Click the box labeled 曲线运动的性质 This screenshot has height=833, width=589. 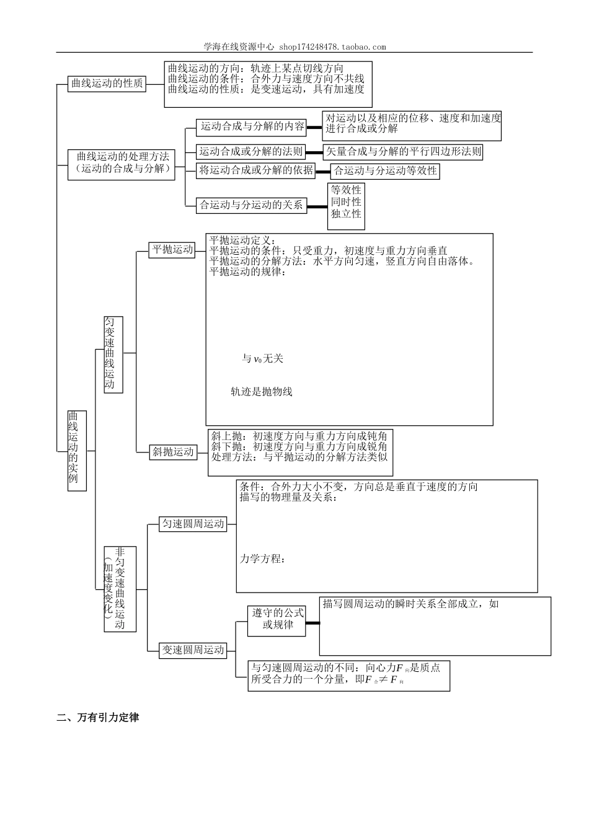(107, 84)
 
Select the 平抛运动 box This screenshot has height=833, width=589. (172, 250)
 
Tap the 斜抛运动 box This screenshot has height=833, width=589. (174, 452)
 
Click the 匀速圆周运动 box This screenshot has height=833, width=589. (193, 524)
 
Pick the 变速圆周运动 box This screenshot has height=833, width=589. (193, 650)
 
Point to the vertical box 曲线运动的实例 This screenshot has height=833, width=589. (77, 451)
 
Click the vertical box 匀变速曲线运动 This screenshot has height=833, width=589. (113, 354)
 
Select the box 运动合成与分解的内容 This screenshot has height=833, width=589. (252, 127)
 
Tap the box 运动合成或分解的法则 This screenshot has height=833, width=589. (251, 151)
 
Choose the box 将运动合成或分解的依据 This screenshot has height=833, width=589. (256, 170)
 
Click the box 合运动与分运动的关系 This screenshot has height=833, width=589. (251, 205)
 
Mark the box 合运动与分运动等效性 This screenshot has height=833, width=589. (385, 171)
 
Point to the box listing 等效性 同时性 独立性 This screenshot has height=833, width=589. (346, 202)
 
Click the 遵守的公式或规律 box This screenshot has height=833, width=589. (277, 619)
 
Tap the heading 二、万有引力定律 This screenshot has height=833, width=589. (98, 718)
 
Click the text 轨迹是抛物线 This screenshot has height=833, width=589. (261, 392)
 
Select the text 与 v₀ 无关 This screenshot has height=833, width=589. (262, 359)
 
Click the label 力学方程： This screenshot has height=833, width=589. (263, 559)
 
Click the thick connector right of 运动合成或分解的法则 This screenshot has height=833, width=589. (315, 151)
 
